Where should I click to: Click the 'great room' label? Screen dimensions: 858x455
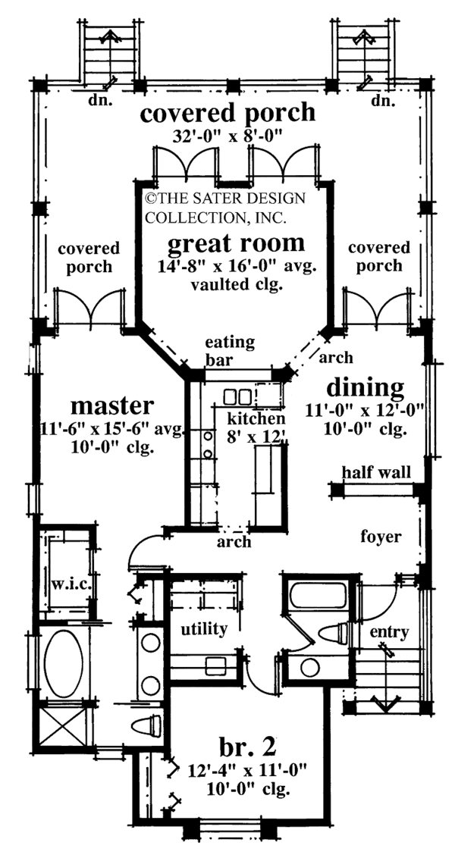[x=236, y=243]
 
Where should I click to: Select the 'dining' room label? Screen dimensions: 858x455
[x=365, y=387]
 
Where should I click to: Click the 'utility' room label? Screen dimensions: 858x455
[x=203, y=628]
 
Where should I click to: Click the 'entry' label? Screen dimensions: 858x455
[x=391, y=632]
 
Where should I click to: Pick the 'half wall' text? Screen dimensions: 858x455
[x=376, y=472]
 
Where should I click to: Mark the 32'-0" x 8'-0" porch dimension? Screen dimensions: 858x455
[x=227, y=139]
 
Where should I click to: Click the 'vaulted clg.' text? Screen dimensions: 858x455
[x=236, y=286]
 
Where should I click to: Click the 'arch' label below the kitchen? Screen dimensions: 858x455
[x=233, y=543]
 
